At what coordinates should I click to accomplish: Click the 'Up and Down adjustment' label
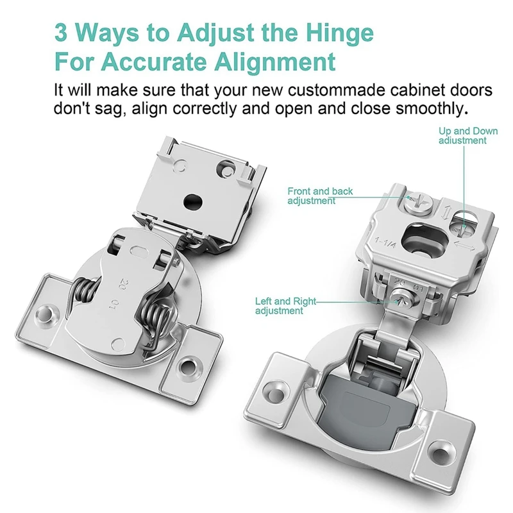click(x=468, y=136)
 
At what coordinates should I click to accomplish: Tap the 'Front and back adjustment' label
click(x=320, y=196)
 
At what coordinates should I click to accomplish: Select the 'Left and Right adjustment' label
click(x=285, y=306)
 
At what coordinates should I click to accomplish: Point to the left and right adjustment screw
click(x=403, y=297)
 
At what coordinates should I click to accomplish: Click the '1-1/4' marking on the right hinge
click(x=385, y=243)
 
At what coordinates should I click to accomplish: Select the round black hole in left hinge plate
click(x=193, y=201)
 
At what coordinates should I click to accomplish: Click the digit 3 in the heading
click(x=61, y=33)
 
